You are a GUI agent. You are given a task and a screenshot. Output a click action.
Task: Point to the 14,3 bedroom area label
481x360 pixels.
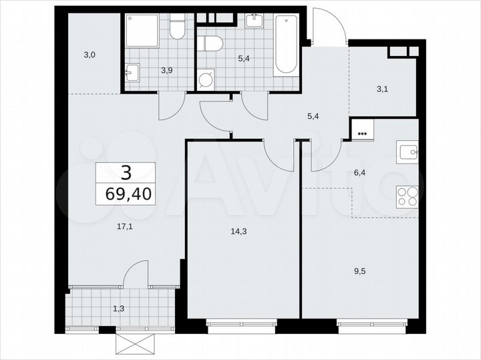[x=236, y=231]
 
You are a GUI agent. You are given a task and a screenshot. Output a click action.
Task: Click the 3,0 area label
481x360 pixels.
[x=90, y=55]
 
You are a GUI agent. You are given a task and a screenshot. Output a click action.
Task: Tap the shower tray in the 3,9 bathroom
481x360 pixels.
[x=142, y=31]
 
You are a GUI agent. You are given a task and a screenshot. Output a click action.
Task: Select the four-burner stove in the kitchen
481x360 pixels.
[x=407, y=196]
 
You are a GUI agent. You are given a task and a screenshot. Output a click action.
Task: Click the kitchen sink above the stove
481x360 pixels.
[x=408, y=152]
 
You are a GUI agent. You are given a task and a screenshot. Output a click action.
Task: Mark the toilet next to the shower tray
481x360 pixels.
[x=177, y=27]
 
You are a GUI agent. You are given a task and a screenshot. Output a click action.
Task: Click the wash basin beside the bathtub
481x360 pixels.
[x=254, y=21]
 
